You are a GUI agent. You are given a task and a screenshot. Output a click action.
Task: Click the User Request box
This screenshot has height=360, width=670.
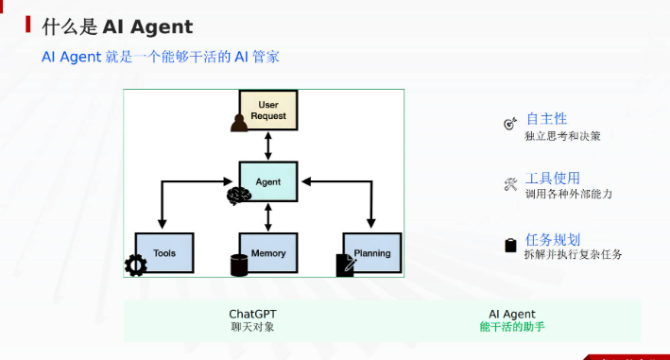click(268, 111)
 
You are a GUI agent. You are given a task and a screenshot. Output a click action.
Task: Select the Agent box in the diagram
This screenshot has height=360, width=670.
click(268, 181)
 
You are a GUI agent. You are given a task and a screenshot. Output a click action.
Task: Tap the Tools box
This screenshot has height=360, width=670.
click(164, 253)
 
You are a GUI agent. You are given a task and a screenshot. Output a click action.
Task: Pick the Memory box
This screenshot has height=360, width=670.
click(268, 253)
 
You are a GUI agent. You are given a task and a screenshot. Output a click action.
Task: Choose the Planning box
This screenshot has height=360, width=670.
click(372, 253)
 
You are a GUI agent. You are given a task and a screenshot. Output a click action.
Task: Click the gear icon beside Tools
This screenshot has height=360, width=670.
click(136, 266)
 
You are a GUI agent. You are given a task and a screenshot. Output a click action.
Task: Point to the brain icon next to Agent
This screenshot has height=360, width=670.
click(239, 196)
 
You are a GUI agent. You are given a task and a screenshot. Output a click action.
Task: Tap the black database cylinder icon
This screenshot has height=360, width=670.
click(239, 266)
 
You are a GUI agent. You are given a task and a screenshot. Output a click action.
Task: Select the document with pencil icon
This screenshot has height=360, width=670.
click(346, 266)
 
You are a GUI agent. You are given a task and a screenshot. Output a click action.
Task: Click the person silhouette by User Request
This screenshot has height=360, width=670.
click(239, 124)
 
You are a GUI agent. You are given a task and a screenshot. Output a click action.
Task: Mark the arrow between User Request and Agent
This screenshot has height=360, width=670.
click(268, 146)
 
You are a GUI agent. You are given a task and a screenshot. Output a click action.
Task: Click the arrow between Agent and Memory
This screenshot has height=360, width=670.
click(268, 217)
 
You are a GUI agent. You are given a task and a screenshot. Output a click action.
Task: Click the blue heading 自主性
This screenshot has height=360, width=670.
click(546, 119)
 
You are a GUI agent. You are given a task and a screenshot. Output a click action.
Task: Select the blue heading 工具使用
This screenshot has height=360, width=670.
click(553, 178)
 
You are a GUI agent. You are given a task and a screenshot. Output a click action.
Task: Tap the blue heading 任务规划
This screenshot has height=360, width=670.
click(553, 240)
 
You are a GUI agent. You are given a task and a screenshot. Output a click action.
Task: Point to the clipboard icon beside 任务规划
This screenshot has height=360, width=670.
click(510, 245)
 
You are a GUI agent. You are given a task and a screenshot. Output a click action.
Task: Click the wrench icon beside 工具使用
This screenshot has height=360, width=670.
click(510, 184)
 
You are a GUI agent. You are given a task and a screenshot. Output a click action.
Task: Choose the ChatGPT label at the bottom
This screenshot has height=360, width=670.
click(252, 314)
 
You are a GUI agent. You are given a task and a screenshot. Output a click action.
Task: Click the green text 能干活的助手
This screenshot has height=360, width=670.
click(512, 327)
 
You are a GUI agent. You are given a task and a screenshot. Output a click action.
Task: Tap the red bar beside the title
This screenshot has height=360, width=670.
click(27, 25)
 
